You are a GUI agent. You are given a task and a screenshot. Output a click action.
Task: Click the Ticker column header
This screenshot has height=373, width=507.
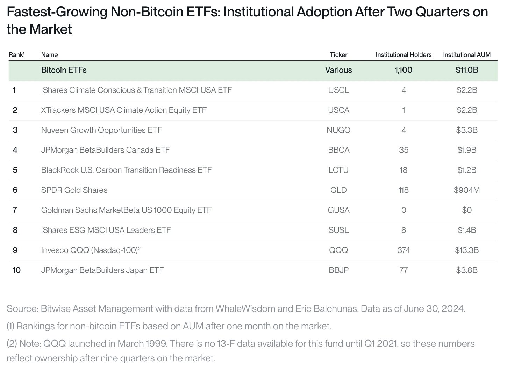click(x=338, y=55)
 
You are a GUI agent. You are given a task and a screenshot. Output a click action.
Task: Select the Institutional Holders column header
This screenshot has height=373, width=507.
click(x=404, y=55)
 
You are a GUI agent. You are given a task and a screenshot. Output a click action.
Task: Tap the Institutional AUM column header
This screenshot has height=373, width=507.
click(x=466, y=55)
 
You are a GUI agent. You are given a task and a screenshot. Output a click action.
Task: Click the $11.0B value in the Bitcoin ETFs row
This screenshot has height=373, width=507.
click(x=466, y=70)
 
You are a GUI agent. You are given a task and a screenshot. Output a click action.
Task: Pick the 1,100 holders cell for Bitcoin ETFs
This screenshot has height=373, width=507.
click(x=404, y=70)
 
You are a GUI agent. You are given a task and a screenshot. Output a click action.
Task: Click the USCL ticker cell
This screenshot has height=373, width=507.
click(x=338, y=90)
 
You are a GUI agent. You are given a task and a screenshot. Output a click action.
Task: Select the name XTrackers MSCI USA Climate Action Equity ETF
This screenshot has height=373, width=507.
click(x=123, y=110)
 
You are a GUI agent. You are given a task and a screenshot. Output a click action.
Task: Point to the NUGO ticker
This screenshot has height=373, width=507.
click(x=338, y=130)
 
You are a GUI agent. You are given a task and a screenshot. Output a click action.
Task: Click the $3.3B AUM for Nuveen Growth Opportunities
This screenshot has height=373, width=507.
click(x=466, y=130)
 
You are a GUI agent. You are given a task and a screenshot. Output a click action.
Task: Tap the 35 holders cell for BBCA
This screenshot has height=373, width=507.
click(x=404, y=150)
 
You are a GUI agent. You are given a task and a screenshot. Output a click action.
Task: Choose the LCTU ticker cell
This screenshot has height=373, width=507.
click(x=338, y=170)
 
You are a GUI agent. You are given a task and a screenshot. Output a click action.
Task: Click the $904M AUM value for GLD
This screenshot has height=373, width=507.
click(x=466, y=190)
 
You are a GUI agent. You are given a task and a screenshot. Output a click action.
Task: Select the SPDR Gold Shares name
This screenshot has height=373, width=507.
click(x=74, y=190)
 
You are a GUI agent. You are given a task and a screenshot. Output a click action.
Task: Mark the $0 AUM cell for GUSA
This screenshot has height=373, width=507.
click(x=466, y=210)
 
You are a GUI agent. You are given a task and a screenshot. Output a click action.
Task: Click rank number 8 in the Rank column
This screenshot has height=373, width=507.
click(x=15, y=230)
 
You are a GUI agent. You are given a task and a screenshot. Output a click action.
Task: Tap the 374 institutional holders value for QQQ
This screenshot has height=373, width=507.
click(x=404, y=250)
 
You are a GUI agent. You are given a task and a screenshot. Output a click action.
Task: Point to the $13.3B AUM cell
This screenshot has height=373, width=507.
click(x=466, y=250)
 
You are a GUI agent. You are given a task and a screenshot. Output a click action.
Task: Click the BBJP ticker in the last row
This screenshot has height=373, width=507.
click(x=338, y=270)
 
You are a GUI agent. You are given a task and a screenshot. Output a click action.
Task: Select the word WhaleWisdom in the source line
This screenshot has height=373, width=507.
click(x=245, y=309)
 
